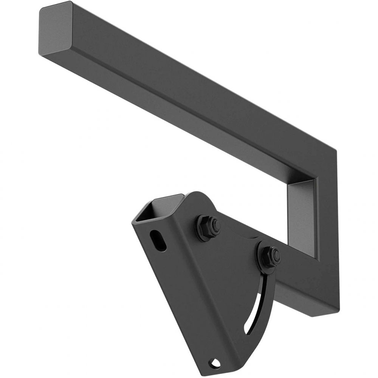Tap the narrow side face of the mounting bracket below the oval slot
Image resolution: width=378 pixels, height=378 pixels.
coord(178,295)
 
